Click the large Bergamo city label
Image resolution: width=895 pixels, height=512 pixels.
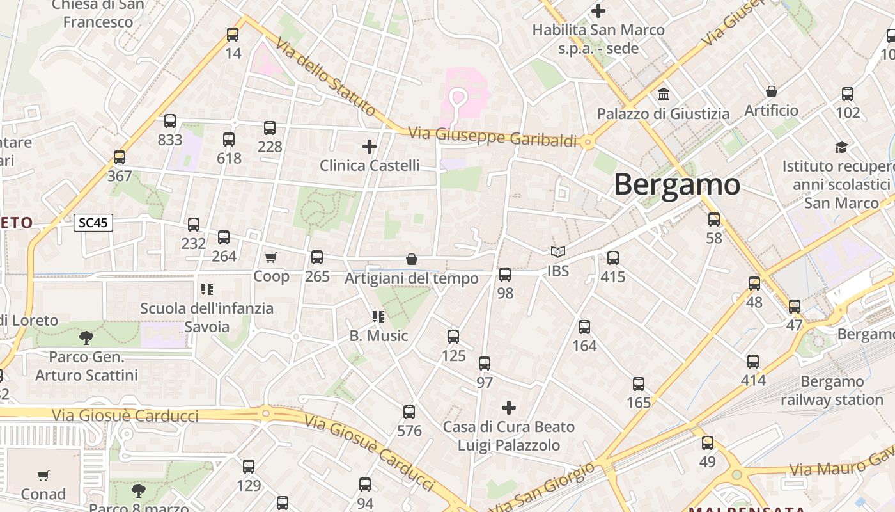pyautogui.click(x=677, y=185)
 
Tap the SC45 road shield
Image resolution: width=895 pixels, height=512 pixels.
pyautogui.click(x=93, y=223)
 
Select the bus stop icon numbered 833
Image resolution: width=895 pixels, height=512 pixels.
pyautogui.click(x=170, y=121)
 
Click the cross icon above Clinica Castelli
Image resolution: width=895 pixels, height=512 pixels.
pyautogui.click(x=370, y=147)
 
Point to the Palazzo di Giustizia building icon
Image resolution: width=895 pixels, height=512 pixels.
pyautogui.click(x=664, y=95)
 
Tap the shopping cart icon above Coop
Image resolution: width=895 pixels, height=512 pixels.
pyautogui.click(x=271, y=257)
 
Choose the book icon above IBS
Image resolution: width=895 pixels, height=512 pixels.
pyautogui.click(x=558, y=252)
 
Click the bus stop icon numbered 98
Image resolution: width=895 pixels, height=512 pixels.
pyautogui.click(x=505, y=275)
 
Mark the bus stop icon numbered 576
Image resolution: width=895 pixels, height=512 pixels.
pyautogui.click(x=409, y=412)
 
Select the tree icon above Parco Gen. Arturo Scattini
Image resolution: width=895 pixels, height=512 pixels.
pyautogui.click(x=86, y=337)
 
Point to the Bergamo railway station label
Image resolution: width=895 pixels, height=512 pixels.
pyautogui.click(x=832, y=390)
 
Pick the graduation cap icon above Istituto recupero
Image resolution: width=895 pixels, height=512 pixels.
pyautogui.click(x=841, y=147)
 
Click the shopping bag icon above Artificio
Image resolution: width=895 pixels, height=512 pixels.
pyautogui.click(x=772, y=91)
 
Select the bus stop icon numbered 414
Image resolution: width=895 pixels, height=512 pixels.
pyautogui.click(x=753, y=362)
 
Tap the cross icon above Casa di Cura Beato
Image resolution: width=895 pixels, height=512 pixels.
pyautogui.click(x=509, y=408)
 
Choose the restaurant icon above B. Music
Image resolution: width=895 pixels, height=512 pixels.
pyautogui.click(x=378, y=317)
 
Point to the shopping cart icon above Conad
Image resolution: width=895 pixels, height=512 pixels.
pyautogui.click(x=43, y=476)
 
